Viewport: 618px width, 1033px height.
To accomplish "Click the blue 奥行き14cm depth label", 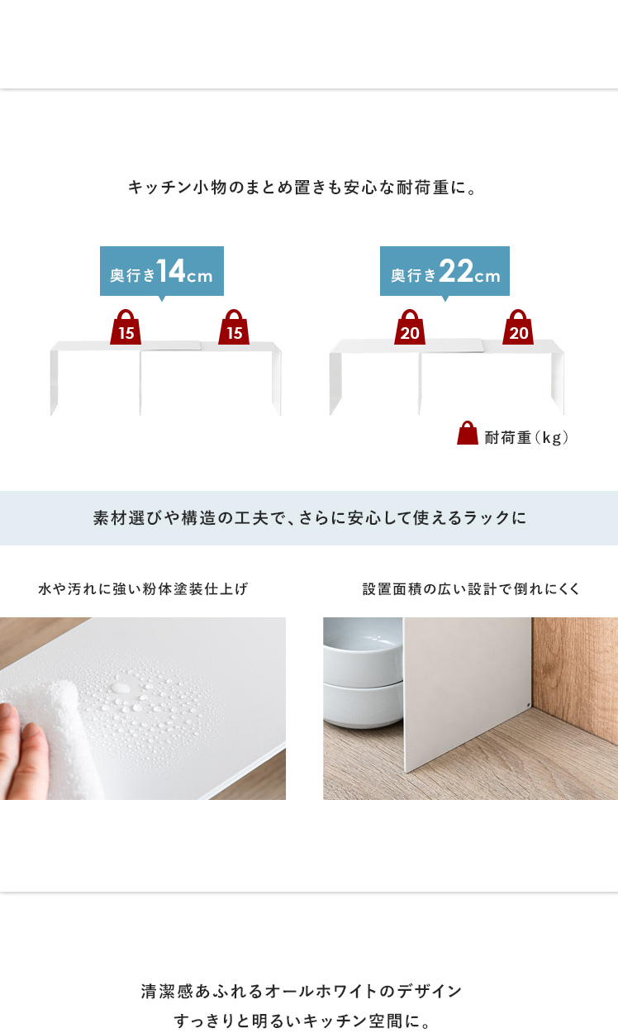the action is (162, 271).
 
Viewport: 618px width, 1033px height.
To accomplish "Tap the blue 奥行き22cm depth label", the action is (444, 271).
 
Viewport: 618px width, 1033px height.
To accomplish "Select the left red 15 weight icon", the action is (126, 327).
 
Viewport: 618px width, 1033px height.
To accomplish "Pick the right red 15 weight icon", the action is (234, 327).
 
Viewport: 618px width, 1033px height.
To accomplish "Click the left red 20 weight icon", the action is (410, 327).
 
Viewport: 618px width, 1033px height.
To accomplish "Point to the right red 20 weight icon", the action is (518, 327).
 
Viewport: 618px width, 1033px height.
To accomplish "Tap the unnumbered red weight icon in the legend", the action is (468, 432).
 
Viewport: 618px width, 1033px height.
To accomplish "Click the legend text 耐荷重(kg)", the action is (526, 437).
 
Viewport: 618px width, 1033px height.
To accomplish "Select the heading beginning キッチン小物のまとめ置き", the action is (302, 188).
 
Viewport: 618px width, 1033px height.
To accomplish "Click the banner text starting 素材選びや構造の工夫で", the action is (310, 518).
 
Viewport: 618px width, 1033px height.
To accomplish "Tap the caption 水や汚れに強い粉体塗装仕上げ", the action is (143, 589).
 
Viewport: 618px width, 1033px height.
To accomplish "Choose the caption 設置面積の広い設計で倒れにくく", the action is (471, 589).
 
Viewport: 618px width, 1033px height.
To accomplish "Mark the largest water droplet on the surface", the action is (121, 688).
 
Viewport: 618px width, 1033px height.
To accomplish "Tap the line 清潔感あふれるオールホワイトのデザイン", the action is (302, 991).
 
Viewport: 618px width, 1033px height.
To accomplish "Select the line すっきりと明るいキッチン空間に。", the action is (302, 1021).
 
